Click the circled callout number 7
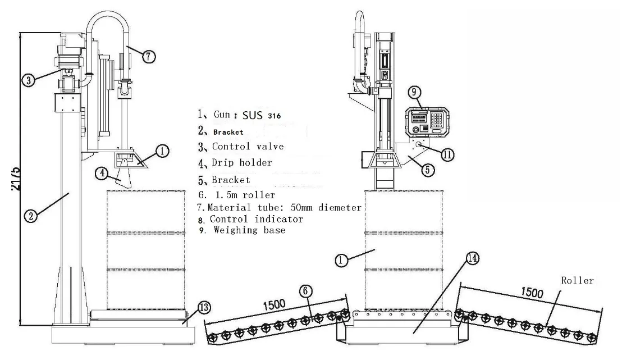pos(148,57)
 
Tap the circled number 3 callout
pos(29,80)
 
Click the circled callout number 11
pos(447,153)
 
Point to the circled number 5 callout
pos(428,170)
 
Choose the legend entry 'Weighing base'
pos(249,230)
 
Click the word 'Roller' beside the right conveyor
pos(578,280)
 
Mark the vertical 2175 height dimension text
pos(16,179)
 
